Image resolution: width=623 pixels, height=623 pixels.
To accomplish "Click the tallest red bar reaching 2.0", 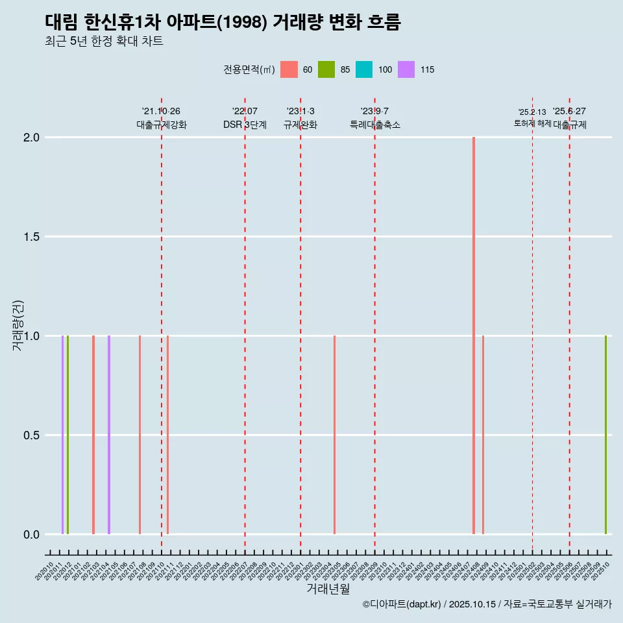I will tap(474, 335).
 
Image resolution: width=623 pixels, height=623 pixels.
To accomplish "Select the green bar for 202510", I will tap(605, 435).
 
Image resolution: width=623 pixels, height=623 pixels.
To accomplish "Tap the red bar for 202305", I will tap(334, 435).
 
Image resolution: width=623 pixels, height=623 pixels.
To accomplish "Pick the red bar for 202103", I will tap(93, 435).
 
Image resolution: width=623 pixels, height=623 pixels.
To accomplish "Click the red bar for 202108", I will tap(140, 435).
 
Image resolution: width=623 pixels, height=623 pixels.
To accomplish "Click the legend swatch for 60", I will tap(289, 69).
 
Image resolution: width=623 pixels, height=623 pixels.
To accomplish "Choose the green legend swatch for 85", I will tap(326, 69).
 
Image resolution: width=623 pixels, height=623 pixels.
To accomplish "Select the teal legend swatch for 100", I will tap(364, 69).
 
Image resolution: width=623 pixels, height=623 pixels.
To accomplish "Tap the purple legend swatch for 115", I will tap(406, 69).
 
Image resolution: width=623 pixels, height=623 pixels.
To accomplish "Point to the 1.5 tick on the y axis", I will tap(31, 237).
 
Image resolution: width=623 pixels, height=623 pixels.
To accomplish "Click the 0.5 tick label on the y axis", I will tap(31, 435).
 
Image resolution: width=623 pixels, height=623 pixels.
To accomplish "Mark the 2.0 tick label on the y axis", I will tap(31, 138).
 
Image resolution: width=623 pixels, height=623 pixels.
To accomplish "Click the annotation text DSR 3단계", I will tap(245, 125).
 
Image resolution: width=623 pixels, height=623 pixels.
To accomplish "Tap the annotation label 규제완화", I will tap(300, 125).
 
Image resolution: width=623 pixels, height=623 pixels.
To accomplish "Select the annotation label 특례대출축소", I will tap(375, 125).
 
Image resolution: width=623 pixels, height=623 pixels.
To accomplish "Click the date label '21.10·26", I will tap(161, 111).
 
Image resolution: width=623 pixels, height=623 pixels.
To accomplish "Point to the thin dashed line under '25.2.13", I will tap(532, 324).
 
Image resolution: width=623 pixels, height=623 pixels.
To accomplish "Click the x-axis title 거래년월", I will tap(328, 589).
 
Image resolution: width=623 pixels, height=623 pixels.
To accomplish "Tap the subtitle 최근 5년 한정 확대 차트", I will tap(104, 42).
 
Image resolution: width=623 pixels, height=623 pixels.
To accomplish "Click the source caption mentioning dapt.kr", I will tap(487, 604).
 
